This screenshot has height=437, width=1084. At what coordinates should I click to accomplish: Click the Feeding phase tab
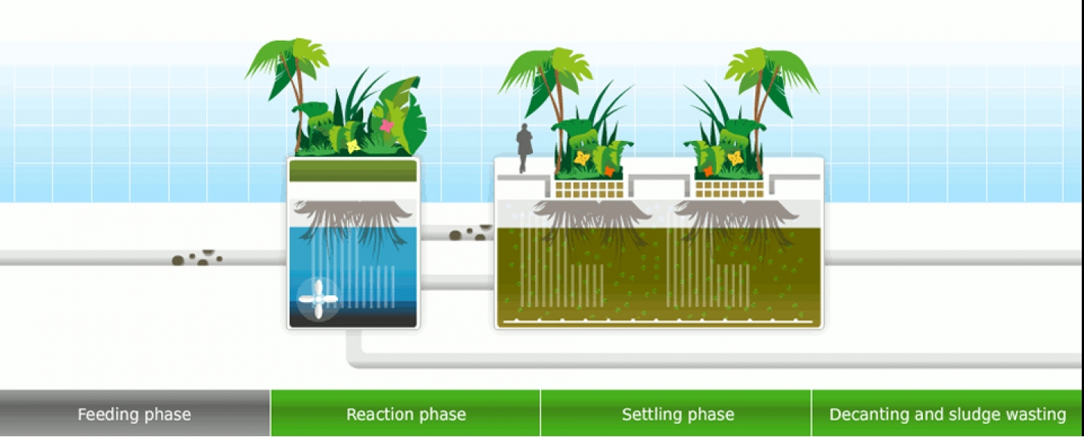click(x=135, y=413)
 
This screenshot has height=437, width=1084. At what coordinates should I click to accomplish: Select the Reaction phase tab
click(x=406, y=413)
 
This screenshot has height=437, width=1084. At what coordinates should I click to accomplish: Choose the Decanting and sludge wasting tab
click(x=948, y=413)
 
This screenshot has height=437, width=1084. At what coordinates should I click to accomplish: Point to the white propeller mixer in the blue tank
click(x=318, y=299)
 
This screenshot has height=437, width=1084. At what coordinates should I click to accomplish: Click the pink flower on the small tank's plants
click(x=387, y=126)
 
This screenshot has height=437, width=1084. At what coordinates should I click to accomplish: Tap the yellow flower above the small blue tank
click(x=353, y=145)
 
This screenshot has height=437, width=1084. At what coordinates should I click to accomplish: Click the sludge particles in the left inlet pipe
click(x=197, y=258)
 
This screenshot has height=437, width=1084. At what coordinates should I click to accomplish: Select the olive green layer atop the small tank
click(x=353, y=171)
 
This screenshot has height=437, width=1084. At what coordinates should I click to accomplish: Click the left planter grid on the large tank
click(x=589, y=189)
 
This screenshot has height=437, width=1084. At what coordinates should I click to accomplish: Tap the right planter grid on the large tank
click(x=729, y=189)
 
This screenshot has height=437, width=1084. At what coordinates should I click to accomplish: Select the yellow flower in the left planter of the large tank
click(x=582, y=158)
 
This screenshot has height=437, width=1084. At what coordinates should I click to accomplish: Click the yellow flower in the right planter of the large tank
click(x=735, y=158)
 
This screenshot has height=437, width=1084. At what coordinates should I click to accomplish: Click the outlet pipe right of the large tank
click(x=953, y=258)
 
